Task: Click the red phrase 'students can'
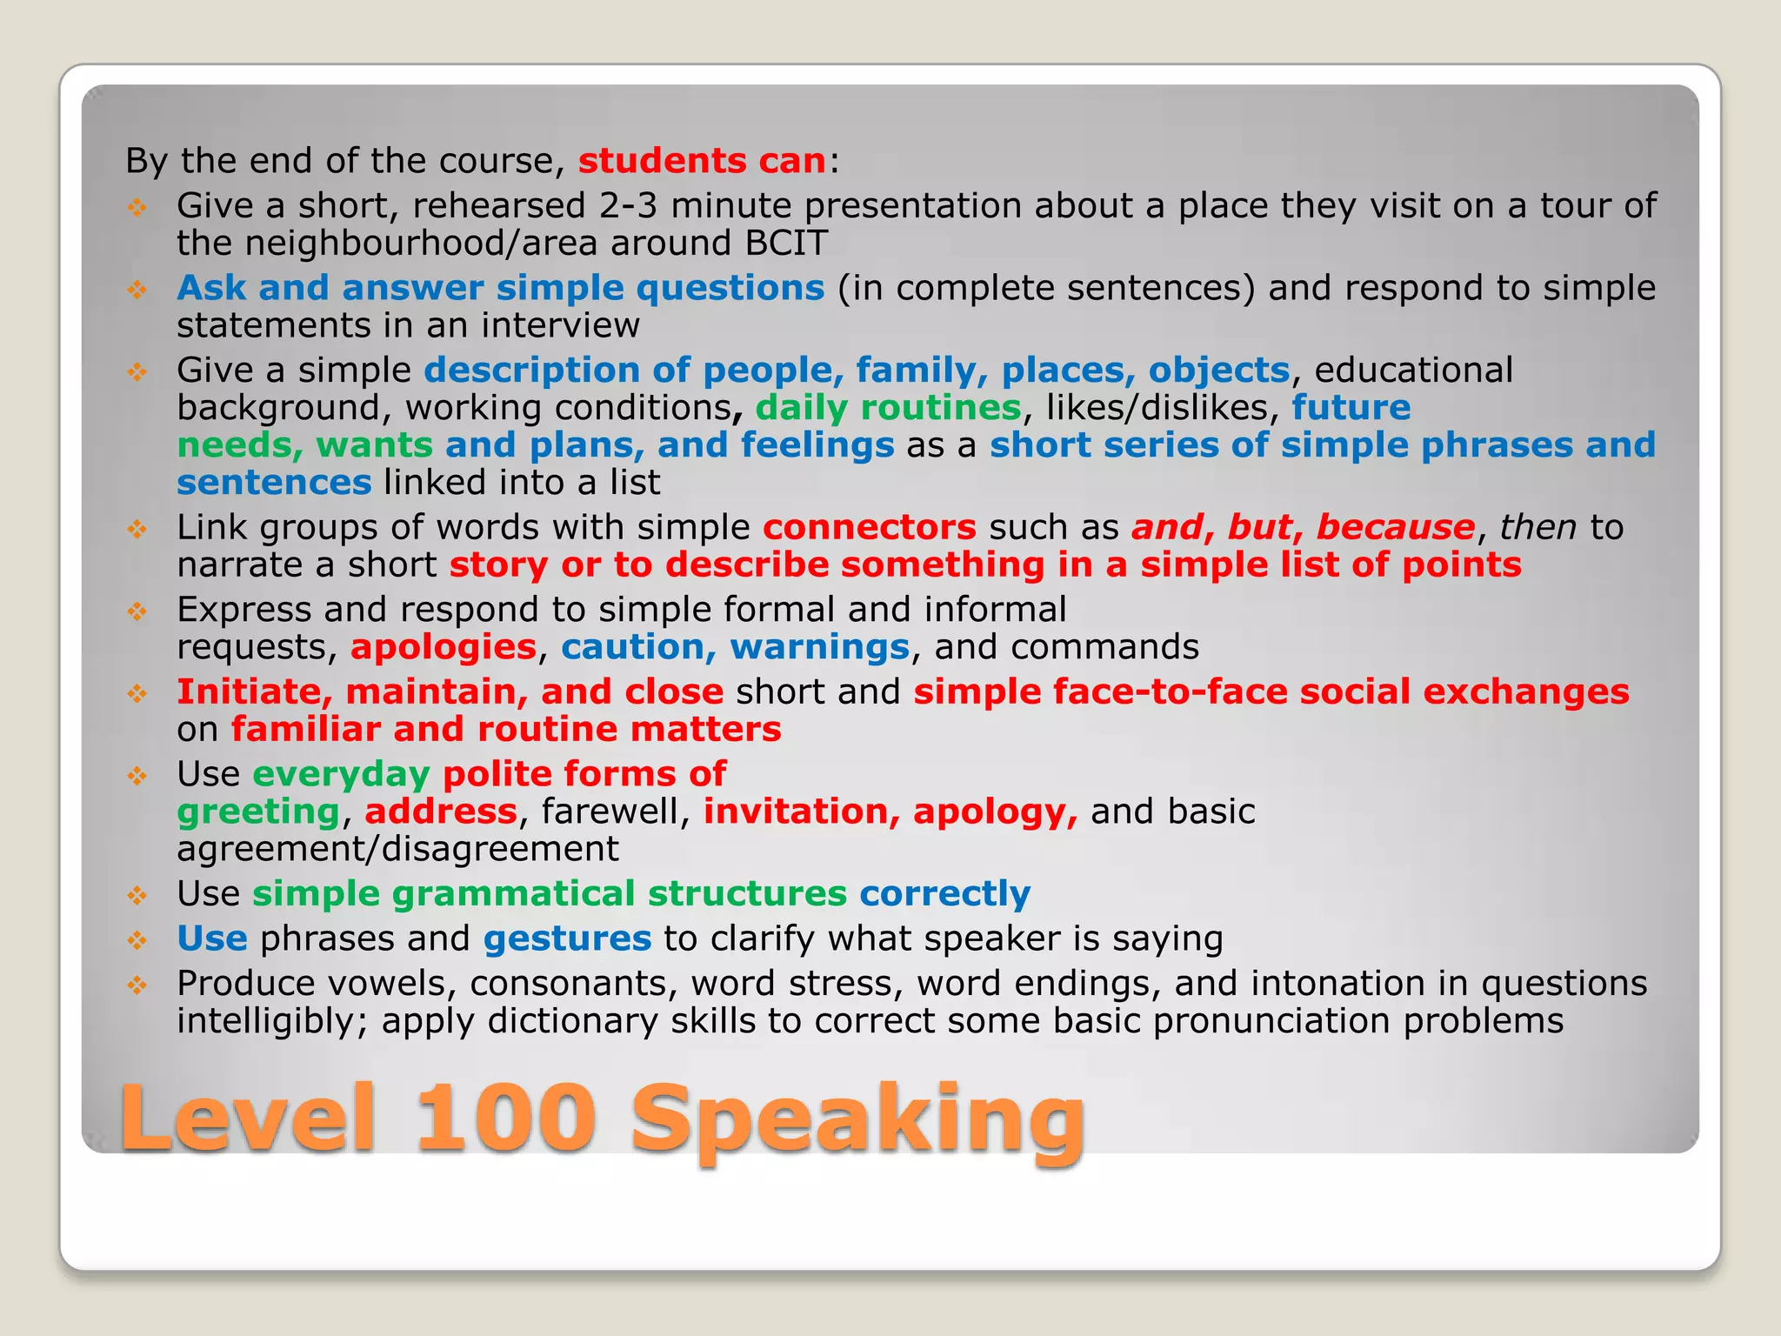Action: coord(702,161)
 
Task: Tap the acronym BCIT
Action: coord(786,244)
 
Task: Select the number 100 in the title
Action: coord(505,1118)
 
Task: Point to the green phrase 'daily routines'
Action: coord(888,408)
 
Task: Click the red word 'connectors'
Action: coord(870,528)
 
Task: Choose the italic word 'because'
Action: coord(1395,528)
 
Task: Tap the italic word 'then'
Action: coord(1538,528)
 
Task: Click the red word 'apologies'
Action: coord(444,648)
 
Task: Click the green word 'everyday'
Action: coord(342,775)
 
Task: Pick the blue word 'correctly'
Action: coord(944,894)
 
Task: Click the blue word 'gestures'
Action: coord(567,939)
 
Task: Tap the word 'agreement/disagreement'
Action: coord(397,849)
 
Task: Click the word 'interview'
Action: coord(560,326)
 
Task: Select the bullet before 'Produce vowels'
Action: coord(137,985)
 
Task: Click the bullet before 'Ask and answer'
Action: coord(137,290)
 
